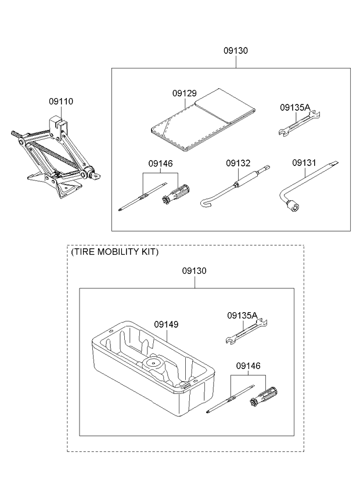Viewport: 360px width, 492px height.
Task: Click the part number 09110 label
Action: [61, 102]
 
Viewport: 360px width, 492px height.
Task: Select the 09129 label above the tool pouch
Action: [184, 93]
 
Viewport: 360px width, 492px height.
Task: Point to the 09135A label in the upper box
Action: [295, 107]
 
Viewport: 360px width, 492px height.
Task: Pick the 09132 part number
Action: [238, 164]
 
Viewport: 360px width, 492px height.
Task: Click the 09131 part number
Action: [304, 164]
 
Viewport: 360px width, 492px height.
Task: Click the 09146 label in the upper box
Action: [160, 164]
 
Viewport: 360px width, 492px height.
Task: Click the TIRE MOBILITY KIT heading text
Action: [114, 253]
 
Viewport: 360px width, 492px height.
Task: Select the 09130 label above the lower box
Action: [195, 271]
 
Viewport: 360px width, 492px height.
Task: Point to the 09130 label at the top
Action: [236, 51]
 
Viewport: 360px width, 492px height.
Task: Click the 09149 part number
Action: [165, 325]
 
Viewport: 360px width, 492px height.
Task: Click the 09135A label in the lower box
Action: [242, 316]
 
